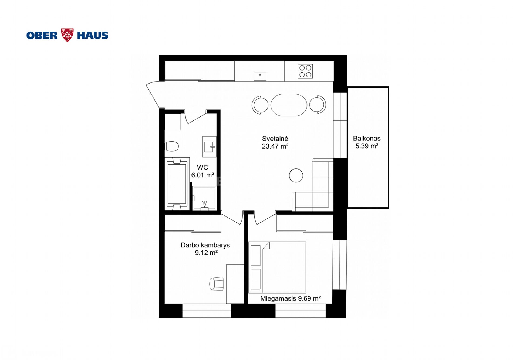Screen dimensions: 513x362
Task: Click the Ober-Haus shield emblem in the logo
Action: coord(67,35)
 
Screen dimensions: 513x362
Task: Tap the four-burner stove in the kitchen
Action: coord(305,71)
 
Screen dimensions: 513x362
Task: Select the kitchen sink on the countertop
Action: coord(260,77)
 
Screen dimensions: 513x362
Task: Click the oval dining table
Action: coord(289,105)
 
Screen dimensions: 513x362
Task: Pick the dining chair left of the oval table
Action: coord(260,105)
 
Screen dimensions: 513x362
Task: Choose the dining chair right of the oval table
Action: coord(318,105)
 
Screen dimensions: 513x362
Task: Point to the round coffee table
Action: coord(296,175)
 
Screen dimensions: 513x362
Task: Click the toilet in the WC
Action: coord(172,146)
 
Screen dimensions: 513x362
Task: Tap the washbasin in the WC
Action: coord(210,147)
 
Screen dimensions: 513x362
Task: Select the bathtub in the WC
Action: coord(177,184)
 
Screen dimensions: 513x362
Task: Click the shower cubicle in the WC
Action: coord(204,198)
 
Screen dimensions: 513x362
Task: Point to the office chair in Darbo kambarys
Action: coord(217,284)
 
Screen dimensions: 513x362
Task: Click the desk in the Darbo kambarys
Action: coord(235,284)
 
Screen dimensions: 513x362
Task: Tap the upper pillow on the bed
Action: coord(255,256)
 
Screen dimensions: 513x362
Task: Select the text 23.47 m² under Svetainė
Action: coord(275,146)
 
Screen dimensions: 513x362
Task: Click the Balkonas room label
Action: coord(367,139)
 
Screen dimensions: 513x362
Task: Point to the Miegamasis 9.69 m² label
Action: coord(291,298)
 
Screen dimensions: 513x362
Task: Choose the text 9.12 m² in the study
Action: coord(206,253)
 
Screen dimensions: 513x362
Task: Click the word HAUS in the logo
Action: coord(93,35)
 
